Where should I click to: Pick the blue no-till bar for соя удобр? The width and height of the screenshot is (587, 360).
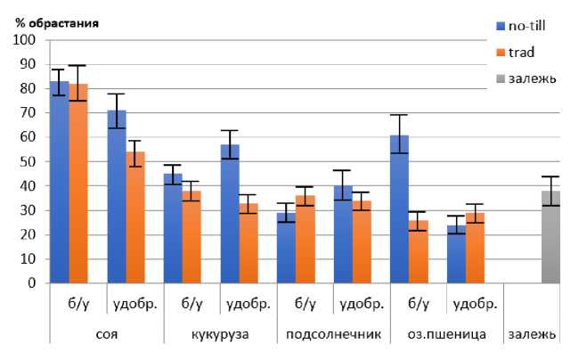coord(116,197)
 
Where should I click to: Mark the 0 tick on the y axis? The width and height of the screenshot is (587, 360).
coord(31,282)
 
